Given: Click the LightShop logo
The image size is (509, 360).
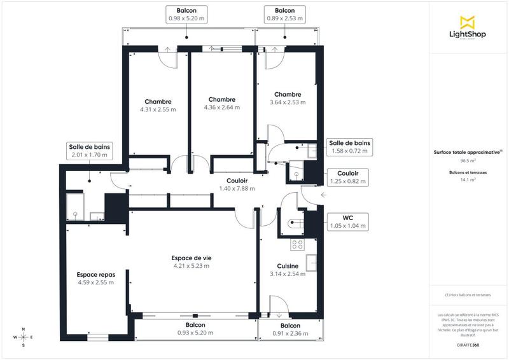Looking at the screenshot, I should pyautogui.click(x=468, y=29).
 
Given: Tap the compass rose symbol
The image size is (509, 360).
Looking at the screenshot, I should pyautogui.click(x=24, y=337).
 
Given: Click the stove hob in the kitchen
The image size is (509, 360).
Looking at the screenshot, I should pyautogui.click(x=297, y=244).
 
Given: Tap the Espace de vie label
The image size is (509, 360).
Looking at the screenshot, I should pyautogui.click(x=192, y=261).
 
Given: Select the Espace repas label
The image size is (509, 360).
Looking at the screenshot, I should pyautogui.click(x=95, y=278).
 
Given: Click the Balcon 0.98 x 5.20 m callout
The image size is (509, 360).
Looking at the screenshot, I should pyautogui.click(x=186, y=15).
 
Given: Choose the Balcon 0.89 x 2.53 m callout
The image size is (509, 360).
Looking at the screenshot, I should pyautogui.click(x=284, y=15).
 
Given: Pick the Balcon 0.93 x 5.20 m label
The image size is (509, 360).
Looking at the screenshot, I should pyautogui.click(x=195, y=329).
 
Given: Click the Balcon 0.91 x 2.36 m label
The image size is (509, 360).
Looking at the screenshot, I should pyautogui.click(x=289, y=329).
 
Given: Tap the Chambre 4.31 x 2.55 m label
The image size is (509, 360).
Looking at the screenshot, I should pyautogui.click(x=158, y=105).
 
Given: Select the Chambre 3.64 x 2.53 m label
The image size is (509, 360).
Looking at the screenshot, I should pyautogui.click(x=287, y=98).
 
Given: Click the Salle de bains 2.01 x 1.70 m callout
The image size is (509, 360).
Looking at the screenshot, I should pyautogui.click(x=89, y=151).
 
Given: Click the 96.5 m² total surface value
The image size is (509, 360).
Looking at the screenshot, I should pyautogui.click(x=468, y=161).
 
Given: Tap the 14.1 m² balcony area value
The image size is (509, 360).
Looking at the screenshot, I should pyautogui.click(x=468, y=180).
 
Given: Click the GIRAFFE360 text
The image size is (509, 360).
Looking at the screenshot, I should pyautogui.click(x=468, y=344).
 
